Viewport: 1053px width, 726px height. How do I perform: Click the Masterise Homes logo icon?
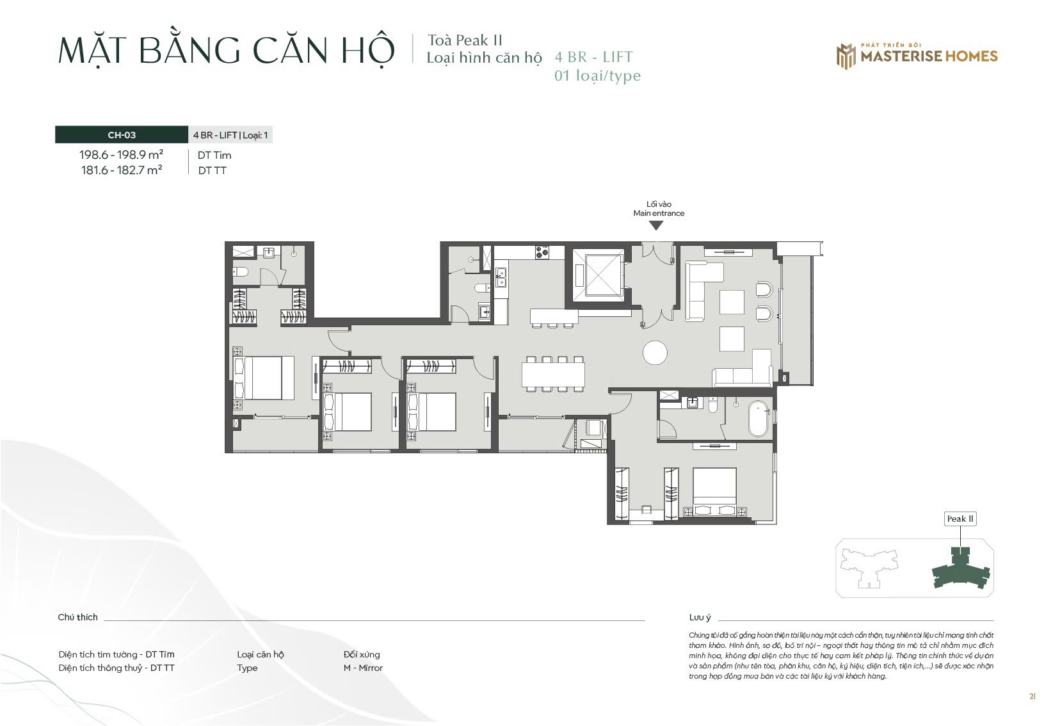coord(846,56)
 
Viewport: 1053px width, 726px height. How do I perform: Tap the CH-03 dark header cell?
coord(121,135)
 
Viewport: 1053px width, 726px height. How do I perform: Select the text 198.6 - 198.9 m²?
coord(121,155)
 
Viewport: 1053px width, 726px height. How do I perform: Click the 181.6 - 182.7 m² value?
coord(122,170)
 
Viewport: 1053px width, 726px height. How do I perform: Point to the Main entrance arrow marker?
coord(655,226)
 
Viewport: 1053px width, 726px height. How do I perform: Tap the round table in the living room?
coord(655,352)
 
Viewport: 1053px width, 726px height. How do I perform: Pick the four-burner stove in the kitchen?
coord(542,252)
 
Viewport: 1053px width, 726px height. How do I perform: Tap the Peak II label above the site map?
coord(960,519)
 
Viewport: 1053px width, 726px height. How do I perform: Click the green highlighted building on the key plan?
coord(960,569)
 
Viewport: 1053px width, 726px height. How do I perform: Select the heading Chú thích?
coord(77,617)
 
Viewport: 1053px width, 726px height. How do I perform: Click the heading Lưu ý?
coord(700,617)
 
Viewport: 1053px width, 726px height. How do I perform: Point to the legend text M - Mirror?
coord(363,668)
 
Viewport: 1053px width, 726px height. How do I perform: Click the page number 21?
coord(1033,697)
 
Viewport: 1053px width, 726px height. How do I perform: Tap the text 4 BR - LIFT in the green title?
coord(594,57)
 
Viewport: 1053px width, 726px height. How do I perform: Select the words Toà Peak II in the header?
coord(465,40)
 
